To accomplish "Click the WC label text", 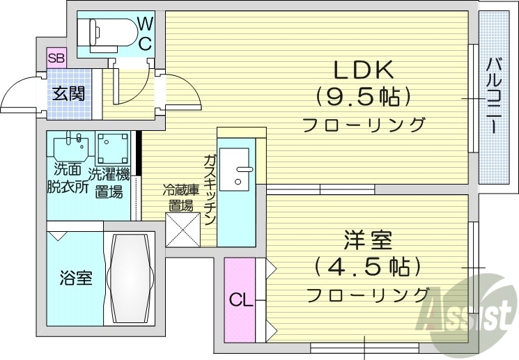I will (145, 33).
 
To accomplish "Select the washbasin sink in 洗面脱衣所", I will (72, 146).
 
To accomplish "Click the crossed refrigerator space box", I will (183, 230).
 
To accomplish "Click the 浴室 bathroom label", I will (75, 278).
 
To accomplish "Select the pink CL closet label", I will (240, 300).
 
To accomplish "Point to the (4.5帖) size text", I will (367, 266).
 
